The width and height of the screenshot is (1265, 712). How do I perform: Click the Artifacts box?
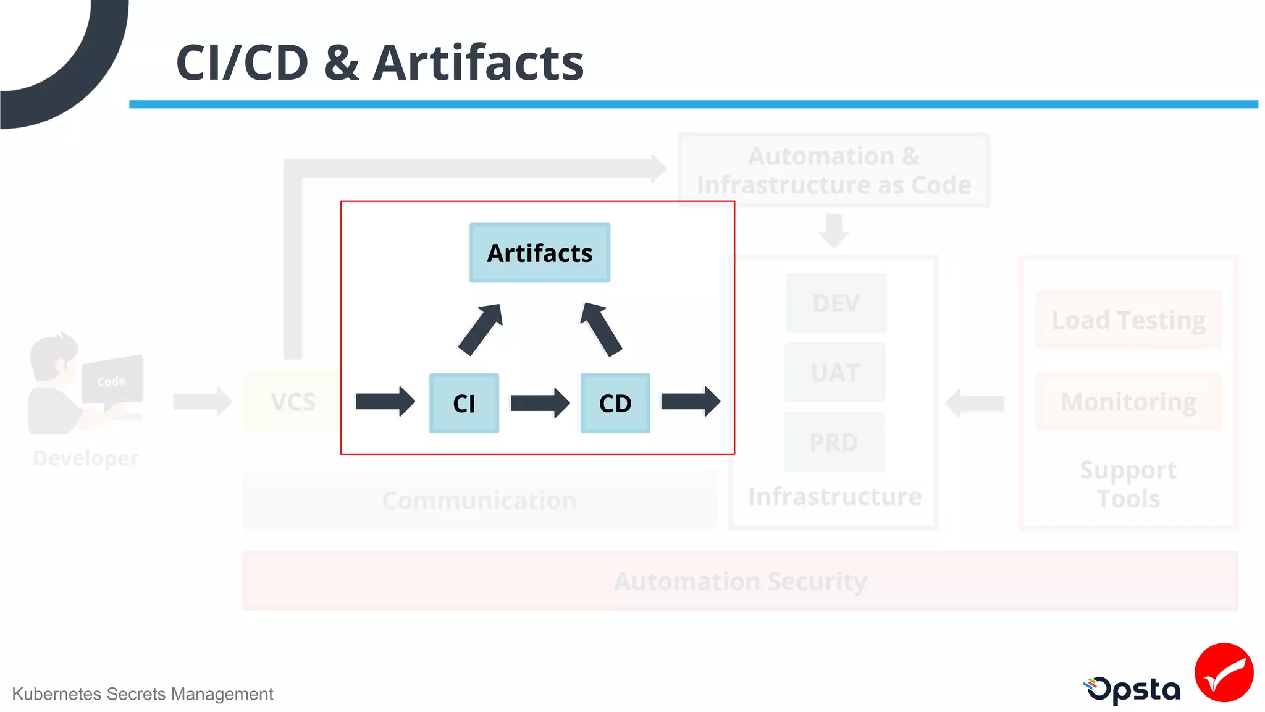539,253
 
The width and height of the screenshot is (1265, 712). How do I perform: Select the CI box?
464,403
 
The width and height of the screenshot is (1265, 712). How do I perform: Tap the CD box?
615,403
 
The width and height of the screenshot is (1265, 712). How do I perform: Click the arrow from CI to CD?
539,403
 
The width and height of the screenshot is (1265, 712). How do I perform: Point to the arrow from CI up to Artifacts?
481,330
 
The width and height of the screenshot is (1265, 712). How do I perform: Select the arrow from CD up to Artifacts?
601,329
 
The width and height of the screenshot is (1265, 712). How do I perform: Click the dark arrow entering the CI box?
384,402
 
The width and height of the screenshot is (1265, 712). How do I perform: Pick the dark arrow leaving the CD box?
690,402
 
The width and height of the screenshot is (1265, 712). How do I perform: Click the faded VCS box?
293,402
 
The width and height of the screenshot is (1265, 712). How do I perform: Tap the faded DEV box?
836,303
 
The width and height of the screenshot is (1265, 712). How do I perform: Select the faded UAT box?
835,373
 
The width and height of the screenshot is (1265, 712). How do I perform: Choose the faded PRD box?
834,442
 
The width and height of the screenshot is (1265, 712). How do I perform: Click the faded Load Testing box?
1128,320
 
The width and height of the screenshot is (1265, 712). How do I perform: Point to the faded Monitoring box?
1128,402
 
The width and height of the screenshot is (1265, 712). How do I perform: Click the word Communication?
479,500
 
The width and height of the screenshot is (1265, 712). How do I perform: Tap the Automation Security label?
740,581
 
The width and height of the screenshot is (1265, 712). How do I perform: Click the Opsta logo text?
1133,690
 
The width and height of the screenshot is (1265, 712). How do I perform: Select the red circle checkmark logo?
1224,672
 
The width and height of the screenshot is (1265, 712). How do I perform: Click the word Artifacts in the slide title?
478,63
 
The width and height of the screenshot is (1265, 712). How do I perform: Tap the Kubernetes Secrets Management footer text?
142,694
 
